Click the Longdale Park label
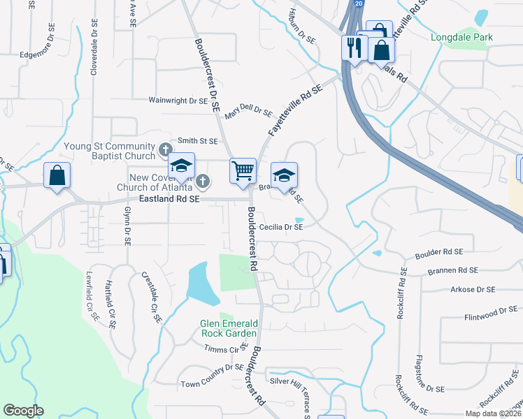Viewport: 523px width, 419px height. click(461, 37)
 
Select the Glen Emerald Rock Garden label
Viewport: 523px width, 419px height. click(229, 328)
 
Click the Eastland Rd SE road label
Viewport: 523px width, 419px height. click(170, 199)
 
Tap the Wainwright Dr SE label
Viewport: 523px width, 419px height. click(178, 101)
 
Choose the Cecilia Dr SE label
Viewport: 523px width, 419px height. click(281, 227)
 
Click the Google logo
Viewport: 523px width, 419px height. click(23, 411)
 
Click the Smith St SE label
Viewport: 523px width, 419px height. click(198, 140)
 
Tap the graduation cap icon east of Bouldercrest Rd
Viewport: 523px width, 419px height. click(284, 175)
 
